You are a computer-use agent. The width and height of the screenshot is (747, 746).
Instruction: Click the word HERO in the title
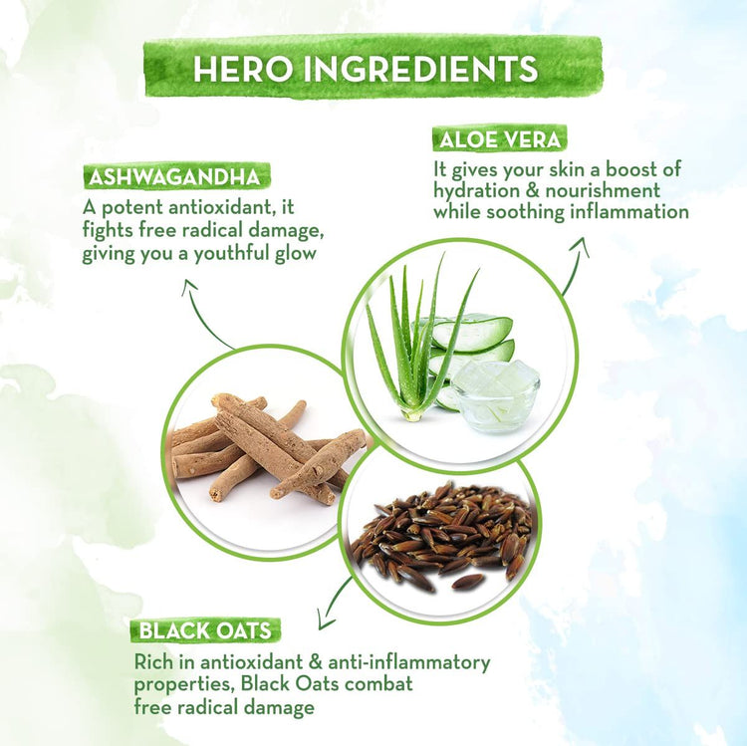coord(242,68)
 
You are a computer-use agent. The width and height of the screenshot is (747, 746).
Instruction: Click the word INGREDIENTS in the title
coord(420,68)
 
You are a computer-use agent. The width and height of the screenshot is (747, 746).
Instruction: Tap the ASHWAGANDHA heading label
coord(175,177)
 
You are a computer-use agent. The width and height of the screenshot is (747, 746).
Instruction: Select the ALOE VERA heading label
coord(500,139)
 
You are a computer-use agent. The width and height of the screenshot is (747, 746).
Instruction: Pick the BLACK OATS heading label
coord(205,630)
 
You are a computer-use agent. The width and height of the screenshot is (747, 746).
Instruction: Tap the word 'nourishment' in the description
coord(603,191)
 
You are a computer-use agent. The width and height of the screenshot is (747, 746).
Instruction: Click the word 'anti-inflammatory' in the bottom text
coord(409,662)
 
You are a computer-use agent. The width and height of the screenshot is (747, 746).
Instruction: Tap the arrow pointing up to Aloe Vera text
coord(575,264)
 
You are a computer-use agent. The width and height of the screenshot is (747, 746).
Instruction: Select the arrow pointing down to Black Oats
coord(333,603)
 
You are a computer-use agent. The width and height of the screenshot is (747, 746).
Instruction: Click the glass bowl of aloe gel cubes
coord(495,396)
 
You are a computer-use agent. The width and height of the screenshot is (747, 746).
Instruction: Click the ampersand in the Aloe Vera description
coord(533,191)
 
